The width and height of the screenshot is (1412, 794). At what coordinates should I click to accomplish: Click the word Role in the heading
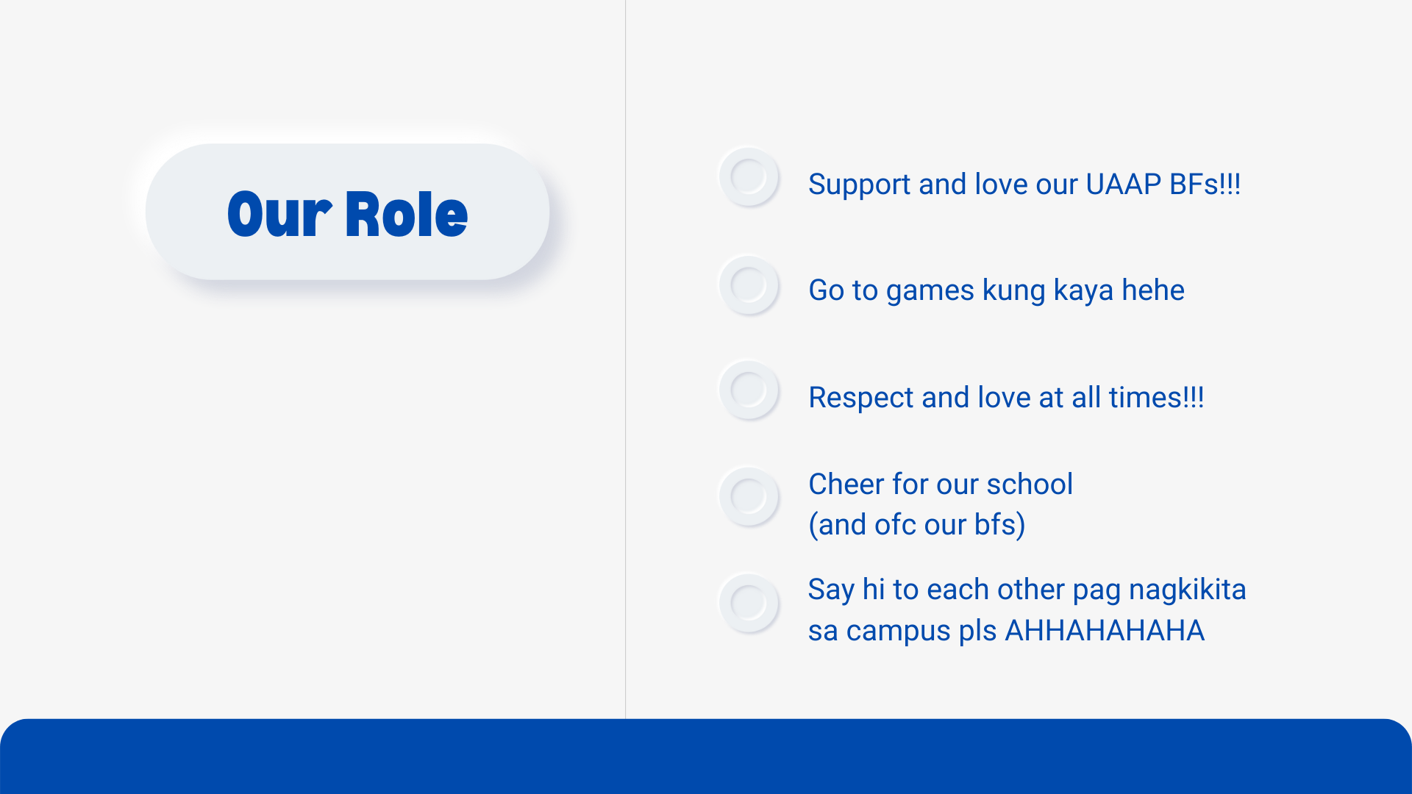tap(406, 214)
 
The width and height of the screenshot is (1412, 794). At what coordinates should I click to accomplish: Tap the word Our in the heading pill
tap(279, 214)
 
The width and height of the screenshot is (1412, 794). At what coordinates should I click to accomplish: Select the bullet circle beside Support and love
tap(749, 177)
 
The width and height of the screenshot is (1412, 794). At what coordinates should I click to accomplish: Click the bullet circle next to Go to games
tap(749, 285)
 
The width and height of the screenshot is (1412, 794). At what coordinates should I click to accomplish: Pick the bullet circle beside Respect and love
tap(749, 390)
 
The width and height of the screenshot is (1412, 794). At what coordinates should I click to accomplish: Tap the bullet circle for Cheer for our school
tap(749, 497)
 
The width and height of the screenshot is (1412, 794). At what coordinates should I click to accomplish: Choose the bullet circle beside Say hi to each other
tap(749, 604)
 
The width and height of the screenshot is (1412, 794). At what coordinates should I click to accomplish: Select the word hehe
tap(1153, 290)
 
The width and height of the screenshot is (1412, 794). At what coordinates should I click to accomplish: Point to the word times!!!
tap(1157, 398)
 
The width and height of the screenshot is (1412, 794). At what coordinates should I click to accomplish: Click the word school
tap(1030, 484)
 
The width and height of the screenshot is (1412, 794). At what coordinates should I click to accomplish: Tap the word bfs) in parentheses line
tap(1000, 526)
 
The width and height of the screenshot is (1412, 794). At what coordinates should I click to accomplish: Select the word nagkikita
tap(1188, 590)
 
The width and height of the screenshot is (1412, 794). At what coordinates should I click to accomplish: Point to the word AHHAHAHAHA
tap(1105, 631)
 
